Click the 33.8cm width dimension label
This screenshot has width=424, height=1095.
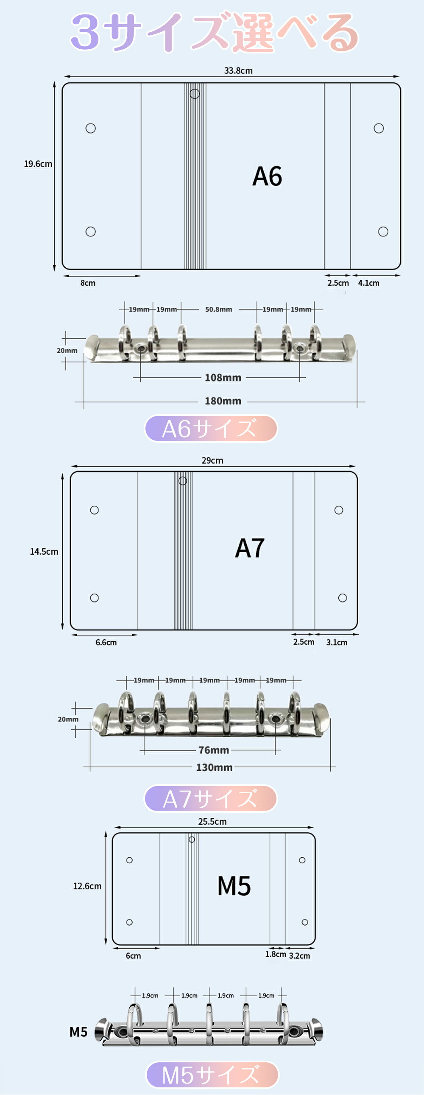238,70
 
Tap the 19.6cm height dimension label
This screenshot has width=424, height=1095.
38,164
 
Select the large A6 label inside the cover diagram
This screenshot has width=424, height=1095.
267,177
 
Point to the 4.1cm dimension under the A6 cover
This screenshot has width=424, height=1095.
368,283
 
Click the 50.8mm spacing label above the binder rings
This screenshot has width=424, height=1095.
218,309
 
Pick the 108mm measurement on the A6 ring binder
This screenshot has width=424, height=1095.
223,377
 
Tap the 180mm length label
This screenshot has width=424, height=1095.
223,401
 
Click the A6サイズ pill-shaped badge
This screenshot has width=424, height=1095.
211,429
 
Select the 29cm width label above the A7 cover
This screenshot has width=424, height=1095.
212,460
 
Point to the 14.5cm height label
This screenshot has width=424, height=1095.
44,552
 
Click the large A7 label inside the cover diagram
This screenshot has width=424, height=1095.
249,548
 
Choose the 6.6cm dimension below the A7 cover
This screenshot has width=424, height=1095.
106,642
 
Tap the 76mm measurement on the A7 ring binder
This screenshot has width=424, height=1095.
213,750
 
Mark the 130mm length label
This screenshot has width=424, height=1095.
214,768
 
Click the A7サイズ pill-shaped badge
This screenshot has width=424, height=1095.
211,799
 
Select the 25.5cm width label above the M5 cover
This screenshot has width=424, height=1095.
212,822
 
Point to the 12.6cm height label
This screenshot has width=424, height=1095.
87,886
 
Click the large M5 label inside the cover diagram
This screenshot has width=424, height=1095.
234,886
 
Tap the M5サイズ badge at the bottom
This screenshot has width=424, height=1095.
212,1075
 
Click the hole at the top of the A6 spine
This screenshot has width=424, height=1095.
195,93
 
